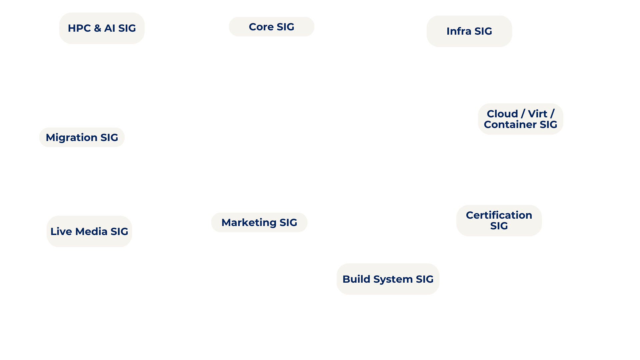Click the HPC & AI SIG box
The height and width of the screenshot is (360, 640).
point(102,28)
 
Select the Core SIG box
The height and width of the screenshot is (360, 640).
point(271,27)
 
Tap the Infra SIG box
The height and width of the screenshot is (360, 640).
point(469,31)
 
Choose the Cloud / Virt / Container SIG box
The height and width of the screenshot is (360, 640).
point(520,119)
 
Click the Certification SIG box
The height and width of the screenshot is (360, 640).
point(499,220)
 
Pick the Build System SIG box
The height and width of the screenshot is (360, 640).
point(388,279)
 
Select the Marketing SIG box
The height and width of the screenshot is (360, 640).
point(259,222)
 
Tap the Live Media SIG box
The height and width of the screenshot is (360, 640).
point(89,231)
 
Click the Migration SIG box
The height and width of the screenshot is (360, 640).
point(82,137)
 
